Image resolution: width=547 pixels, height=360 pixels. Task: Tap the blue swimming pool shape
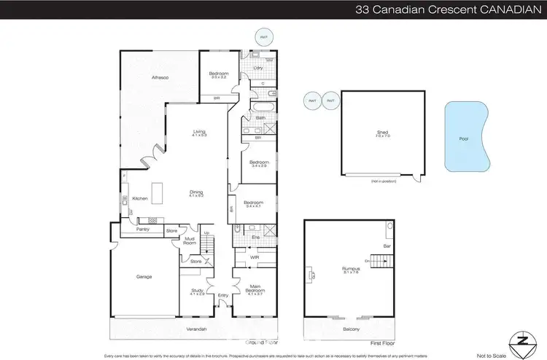pos(465,138)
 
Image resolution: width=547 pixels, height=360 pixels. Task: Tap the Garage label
pos(142,276)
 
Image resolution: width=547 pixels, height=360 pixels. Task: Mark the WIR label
pos(254,257)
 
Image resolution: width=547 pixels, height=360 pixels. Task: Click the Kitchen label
pos(140,198)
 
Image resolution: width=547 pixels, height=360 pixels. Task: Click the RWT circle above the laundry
pos(261,36)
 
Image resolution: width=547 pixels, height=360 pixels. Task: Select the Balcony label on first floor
pos(352,329)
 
